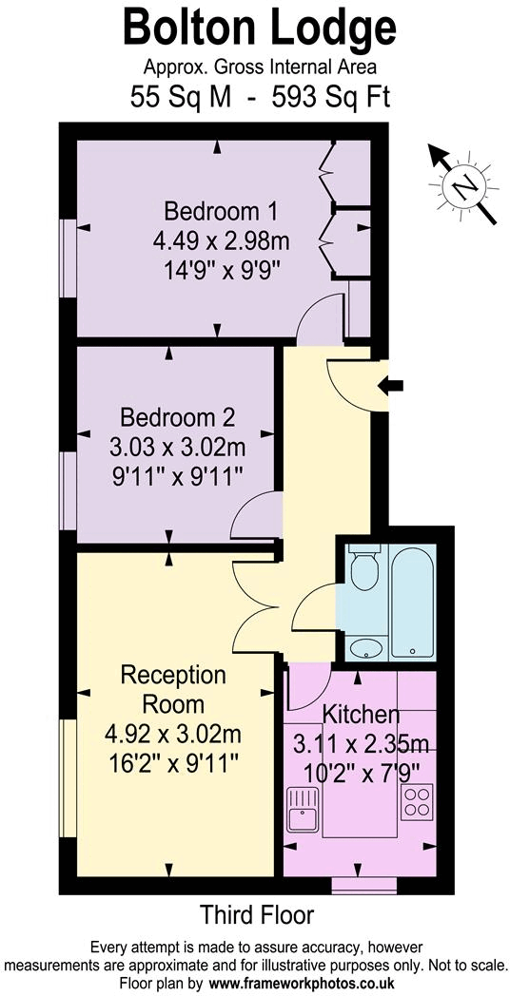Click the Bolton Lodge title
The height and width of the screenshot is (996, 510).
(259, 29)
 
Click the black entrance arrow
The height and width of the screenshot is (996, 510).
(391, 385)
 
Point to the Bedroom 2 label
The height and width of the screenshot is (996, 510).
(177, 416)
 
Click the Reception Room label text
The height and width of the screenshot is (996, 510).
(173, 690)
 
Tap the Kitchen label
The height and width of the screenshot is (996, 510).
(361, 714)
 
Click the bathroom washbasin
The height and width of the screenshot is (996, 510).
(363, 649)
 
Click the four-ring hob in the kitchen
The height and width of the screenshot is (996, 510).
(417, 804)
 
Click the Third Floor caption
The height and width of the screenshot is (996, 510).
(256, 915)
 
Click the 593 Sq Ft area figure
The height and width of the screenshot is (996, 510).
(331, 96)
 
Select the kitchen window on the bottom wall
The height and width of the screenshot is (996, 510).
(363, 884)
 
